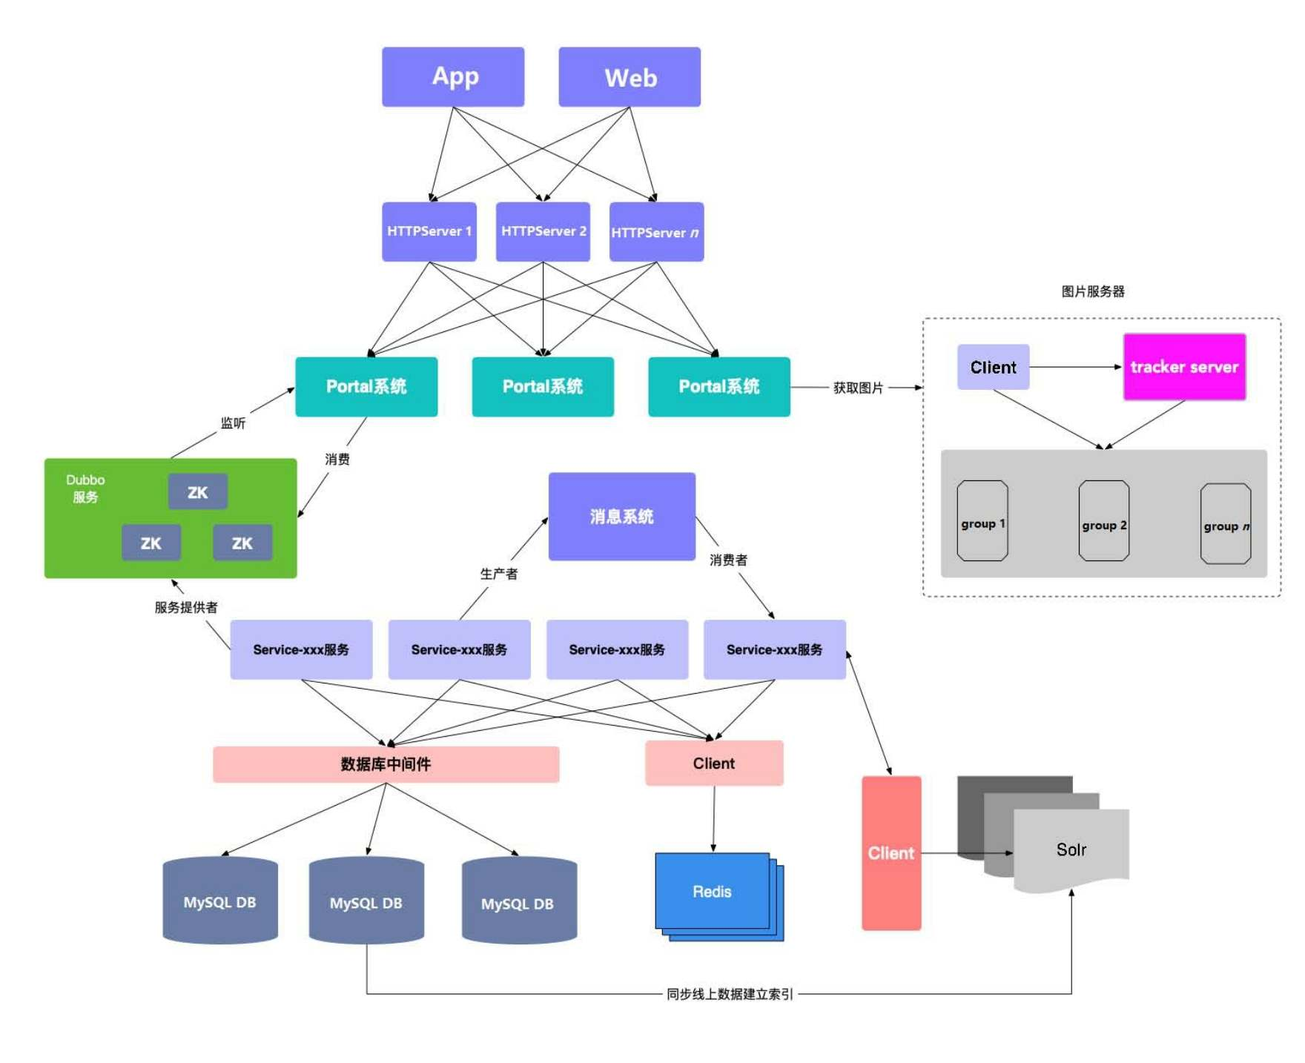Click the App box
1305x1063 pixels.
[x=453, y=77]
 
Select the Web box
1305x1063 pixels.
[x=630, y=77]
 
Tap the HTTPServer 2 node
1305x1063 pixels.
[x=543, y=231]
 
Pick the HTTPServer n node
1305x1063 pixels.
[x=656, y=232]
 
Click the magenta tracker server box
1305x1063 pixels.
[x=1184, y=367]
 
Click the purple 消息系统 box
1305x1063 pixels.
[x=621, y=517]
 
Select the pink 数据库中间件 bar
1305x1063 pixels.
[x=386, y=764]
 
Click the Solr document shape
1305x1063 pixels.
[x=1071, y=850]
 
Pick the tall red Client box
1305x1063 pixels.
[x=891, y=853]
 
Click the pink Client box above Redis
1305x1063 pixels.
[x=714, y=764]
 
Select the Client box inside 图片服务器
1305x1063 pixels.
[x=993, y=367]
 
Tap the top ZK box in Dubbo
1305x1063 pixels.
[x=197, y=492]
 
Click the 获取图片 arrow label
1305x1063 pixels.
[x=858, y=388]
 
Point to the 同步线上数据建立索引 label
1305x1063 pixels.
[x=730, y=994]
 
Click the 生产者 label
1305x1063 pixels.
[x=498, y=574]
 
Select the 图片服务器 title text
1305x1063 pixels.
[x=1093, y=291]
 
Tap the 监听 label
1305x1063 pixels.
[x=233, y=423]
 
